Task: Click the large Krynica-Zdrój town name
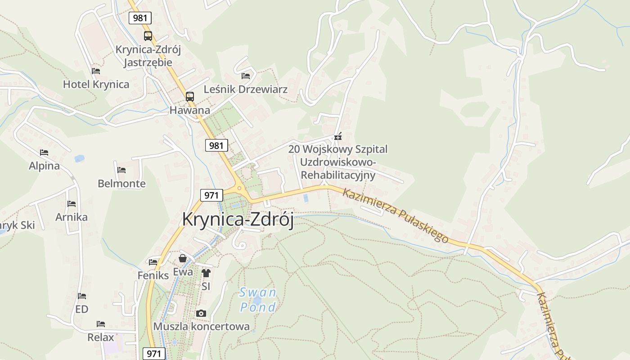(238, 220)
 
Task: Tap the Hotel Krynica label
(96, 85)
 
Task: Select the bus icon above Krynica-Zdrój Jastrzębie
(148, 36)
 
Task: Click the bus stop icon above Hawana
(190, 96)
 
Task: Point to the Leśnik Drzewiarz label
(245, 89)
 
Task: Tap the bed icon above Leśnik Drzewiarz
(246, 76)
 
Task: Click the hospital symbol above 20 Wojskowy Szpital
(337, 137)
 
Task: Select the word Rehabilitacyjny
(338, 175)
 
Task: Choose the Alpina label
(44, 166)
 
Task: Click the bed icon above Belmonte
(121, 170)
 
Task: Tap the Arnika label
(72, 217)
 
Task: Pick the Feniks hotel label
(153, 275)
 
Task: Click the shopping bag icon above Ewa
(183, 258)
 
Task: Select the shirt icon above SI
(206, 273)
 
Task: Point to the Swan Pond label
(258, 300)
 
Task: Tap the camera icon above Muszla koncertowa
(201, 313)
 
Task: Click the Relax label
(101, 337)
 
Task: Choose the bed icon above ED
(81, 296)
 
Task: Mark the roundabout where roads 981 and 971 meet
(239, 189)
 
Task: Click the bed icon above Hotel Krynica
(96, 71)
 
